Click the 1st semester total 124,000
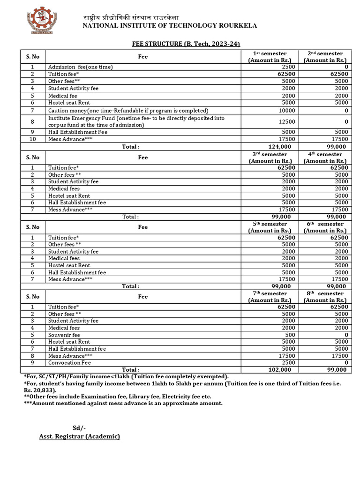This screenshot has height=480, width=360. [x=279, y=147]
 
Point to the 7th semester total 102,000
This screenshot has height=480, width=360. [x=279, y=370]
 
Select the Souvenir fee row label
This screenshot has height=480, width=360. [x=64, y=335]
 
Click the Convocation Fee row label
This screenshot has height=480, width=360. [x=70, y=363]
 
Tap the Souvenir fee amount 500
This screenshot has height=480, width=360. [x=290, y=335]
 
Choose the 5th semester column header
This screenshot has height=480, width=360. [x=270, y=227]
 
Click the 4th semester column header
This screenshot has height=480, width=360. [x=325, y=157]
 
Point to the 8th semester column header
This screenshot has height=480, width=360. [x=325, y=297]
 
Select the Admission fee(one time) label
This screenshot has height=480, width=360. [x=80, y=67]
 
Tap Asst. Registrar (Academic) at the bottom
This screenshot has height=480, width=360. [x=79, y=436]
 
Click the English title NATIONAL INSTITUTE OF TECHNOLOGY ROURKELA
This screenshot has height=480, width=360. [x=170, y=26]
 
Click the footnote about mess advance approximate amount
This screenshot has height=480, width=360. [x=123, y=403]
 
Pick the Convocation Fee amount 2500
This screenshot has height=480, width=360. [x=288, y=363]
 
